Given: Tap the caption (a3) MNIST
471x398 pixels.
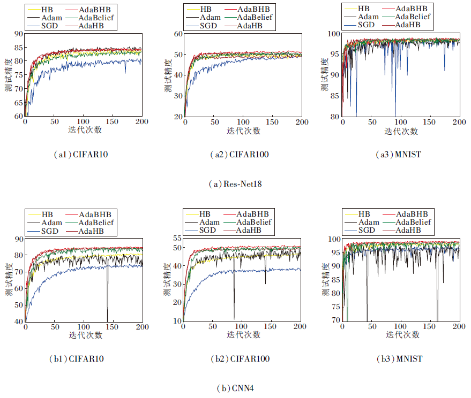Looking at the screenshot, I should point(399,155).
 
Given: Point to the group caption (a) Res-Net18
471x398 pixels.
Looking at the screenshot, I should point(236,184).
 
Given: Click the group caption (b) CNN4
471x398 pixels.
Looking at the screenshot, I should point(236,388).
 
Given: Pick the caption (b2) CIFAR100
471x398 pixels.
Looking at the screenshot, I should point(239,358).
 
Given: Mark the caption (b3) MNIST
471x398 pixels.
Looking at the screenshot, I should point(399,358).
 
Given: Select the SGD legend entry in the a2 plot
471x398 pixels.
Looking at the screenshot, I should point(206,26).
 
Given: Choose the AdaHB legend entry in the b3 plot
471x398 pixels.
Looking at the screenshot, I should point(408,230).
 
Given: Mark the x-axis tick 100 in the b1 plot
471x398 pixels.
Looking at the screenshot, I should point(84,327).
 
